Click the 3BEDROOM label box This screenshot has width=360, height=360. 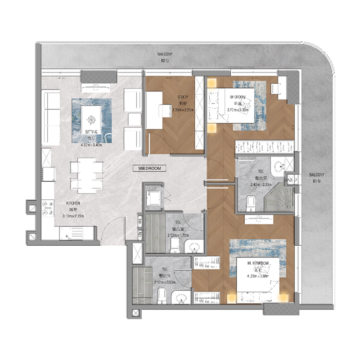point(146,168)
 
